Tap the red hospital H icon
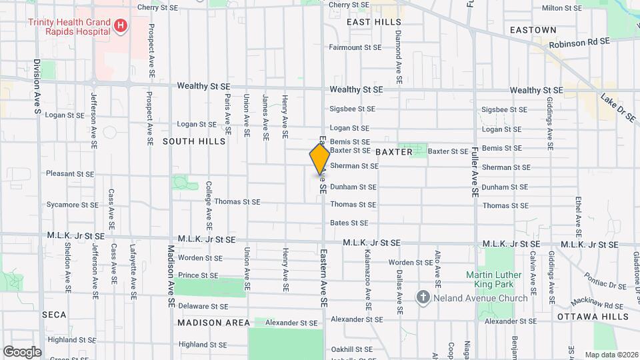(121, 27)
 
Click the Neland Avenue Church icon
(423, 297)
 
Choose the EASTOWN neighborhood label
(533, 30)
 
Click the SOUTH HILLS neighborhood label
(187, 141)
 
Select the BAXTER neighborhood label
(394, 152)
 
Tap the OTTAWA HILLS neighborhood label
(593, 316)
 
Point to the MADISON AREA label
(213, 323)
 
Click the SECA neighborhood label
(54, 314)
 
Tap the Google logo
(22, 351)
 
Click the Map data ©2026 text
(611, 355)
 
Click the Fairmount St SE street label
(355, 47)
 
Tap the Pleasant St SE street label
(70, 173)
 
